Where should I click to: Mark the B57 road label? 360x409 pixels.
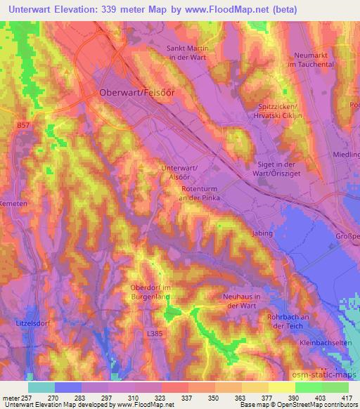[x=23, y=124]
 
